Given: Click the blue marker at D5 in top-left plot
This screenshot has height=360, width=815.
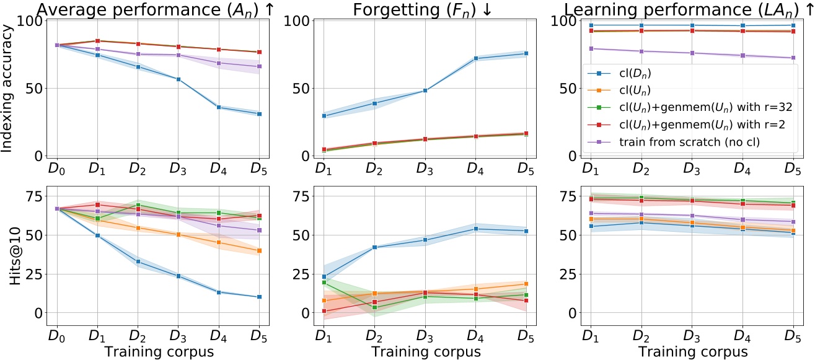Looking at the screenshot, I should [260, 114].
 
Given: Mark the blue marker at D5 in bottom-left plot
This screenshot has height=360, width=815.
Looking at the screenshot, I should [260, 297].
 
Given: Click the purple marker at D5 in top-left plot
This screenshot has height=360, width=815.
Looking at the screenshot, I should [260, 66].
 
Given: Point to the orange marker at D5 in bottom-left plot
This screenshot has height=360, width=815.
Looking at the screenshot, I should [260, 251].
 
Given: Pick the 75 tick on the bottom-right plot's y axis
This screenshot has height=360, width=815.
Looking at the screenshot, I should [565, 196].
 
